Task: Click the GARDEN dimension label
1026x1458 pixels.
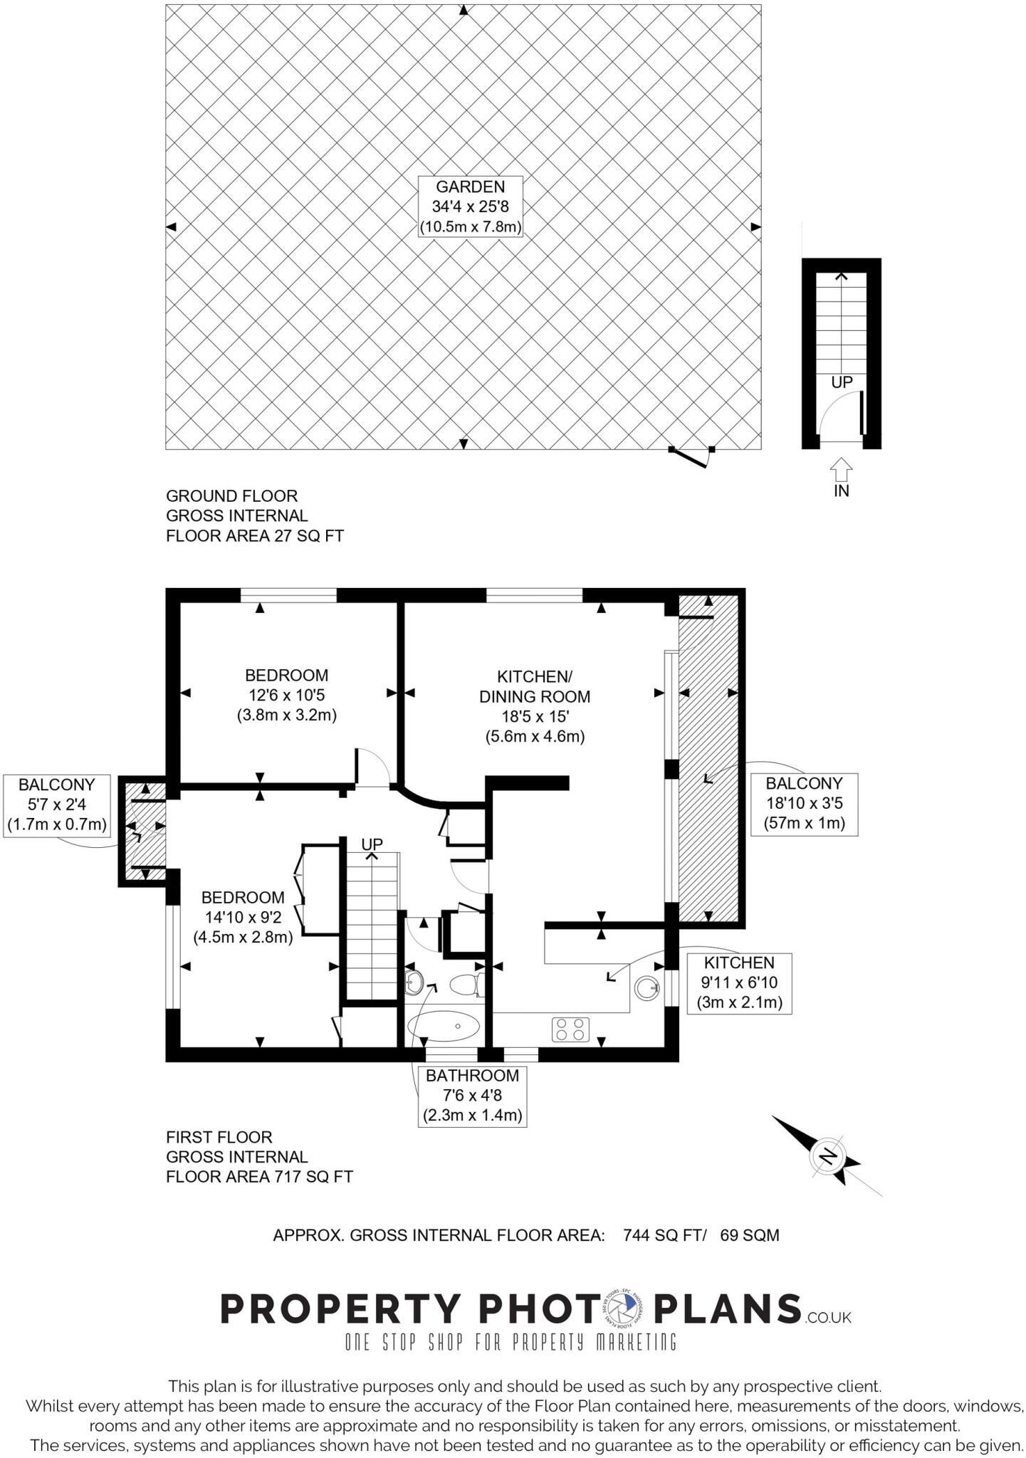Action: pyautogui.click(x=470, y=207)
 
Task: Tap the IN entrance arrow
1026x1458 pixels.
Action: pyautogui.click(x=842, y=471)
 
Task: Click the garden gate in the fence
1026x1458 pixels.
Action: pyautogui.click(x=691, y=456)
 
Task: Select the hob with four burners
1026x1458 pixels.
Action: pyautogui.click(x=571, y=1029)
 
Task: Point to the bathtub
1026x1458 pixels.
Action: pyautogui.click(x=444, y=1027)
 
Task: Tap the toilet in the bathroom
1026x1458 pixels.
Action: pyautogui.click(x=466, y=985)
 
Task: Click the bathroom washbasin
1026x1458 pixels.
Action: pyautogui.click(x=413, y=985)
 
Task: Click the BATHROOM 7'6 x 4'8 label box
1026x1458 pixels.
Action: pyautogui.click(x=473, y=1096)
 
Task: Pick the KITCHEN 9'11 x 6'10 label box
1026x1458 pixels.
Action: pyautogui.click(x=739, y=983)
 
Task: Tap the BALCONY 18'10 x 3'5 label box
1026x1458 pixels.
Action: pyautogui.click(x=804, y=804)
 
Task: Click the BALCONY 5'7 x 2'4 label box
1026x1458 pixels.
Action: pyautogui.click(x=57, y=805)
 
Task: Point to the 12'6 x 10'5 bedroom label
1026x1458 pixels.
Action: pyautogui.click(x=286, y=695)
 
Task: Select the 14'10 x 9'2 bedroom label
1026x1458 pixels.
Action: pyautogui.click(x=243, y=918)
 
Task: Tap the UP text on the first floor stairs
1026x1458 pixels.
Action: pyautogui.click(x=372, y=844)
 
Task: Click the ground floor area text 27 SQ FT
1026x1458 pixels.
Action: pyautogui.click(x=306, y=536)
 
